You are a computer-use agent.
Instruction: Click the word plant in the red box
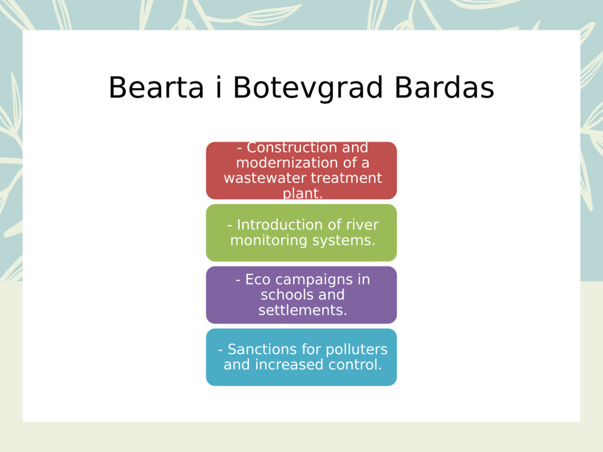pos(301,193)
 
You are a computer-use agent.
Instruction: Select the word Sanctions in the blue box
pos(259,350)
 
